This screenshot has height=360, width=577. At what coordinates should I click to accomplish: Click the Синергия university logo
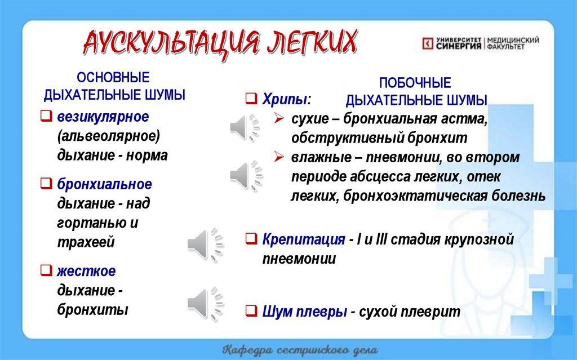point(481,43)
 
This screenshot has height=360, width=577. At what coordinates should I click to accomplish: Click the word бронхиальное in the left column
point(104,184)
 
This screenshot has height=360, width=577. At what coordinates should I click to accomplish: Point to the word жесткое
point(86,271)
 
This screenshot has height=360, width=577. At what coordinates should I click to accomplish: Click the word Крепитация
point(303,239)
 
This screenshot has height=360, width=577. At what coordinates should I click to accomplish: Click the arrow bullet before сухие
point(279,119)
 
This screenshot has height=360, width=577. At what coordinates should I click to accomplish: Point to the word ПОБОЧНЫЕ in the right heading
point(415,83)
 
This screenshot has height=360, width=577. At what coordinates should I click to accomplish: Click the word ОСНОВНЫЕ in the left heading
point(113,77)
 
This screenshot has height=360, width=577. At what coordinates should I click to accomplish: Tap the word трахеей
point(86,242)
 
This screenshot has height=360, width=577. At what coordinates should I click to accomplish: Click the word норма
point(148,155)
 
